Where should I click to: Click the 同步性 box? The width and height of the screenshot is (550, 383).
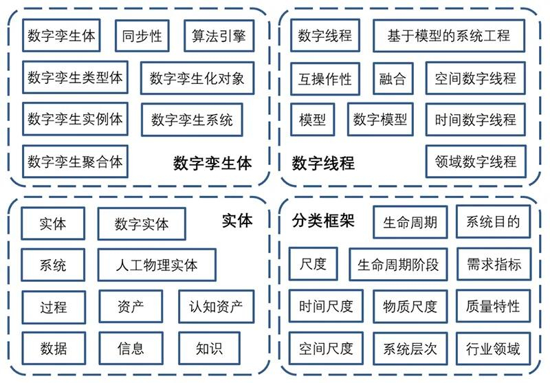[142, 36]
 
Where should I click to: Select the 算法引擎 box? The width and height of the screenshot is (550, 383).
[219, 36]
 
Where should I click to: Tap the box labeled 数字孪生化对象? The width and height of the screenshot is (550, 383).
[197, 78]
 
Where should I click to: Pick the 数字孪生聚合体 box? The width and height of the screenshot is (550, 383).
[75, 162]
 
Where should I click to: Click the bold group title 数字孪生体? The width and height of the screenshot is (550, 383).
[212, 164]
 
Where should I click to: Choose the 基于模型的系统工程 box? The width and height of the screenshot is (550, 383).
[449, 36]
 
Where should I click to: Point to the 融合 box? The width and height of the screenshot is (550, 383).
[393, 78]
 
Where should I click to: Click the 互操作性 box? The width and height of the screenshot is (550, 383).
[324, 78]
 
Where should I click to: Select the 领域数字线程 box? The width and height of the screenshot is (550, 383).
[476, 162]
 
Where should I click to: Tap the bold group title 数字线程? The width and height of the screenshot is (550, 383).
[323, 164]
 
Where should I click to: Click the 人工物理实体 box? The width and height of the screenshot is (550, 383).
[157, 265]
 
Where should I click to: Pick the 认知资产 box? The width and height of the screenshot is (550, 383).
[216, 307]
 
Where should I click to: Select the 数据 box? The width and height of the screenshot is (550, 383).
[54, 349]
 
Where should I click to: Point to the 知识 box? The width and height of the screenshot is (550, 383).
[210, 349]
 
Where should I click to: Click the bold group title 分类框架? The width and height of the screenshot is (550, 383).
[323, 221]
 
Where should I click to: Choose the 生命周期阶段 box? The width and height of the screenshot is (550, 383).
[398, 265]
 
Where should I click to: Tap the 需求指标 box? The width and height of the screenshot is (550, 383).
[494, 264]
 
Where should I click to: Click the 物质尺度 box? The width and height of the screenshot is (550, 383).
[410, 307]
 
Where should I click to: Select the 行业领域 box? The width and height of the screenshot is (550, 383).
[493, 349]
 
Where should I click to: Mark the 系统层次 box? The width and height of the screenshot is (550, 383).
[410, 349]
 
